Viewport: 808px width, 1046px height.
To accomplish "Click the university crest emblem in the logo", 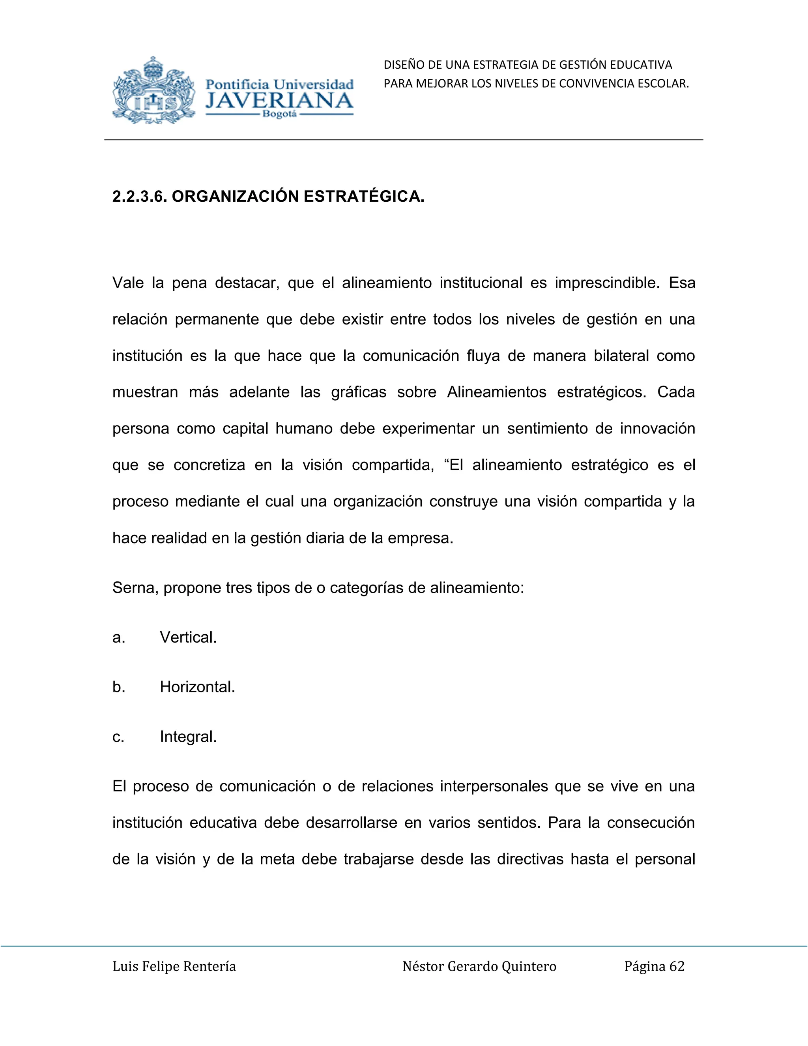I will (x=153, y=91).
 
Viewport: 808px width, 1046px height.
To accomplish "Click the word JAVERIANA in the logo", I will (x=280, y=101).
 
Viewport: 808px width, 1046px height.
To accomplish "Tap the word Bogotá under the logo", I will (x=280, y=115).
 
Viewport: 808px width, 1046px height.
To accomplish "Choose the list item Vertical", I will (x=188, y=637).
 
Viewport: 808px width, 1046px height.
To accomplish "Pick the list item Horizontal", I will (x=197, y=687).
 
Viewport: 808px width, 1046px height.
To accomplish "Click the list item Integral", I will (x=188, y=737).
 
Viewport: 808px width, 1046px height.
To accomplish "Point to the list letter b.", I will (x=118, y=687).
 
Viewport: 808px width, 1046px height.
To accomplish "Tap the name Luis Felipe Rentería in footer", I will (x=174, y=967).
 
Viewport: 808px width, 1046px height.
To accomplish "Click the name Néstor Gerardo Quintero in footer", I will (x=479, y=967).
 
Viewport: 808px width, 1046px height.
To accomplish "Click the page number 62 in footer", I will (x=677, y=967).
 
